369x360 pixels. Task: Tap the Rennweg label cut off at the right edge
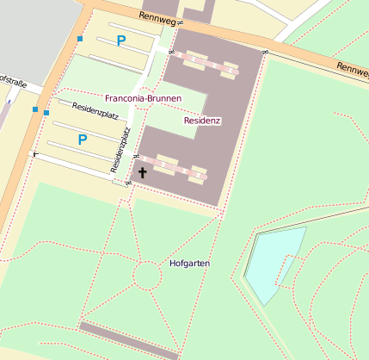pos(352,66)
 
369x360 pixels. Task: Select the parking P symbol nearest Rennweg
pos(121,40)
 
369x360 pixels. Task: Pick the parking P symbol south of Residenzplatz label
pos(83,139)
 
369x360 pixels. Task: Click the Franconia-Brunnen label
pos(143,99)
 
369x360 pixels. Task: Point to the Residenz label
pos(203,121)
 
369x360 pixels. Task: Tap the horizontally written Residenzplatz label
pos(95,109)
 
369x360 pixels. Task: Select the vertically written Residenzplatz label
pos(120,148)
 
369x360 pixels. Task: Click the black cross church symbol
pos(142,172)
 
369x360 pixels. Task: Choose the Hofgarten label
pos(190,263)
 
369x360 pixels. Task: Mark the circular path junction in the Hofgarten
pos(147,276)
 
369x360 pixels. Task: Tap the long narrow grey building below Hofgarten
pos(129,340)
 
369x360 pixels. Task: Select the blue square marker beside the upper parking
pos(80,39)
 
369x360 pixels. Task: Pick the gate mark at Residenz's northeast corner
pos(266,53)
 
